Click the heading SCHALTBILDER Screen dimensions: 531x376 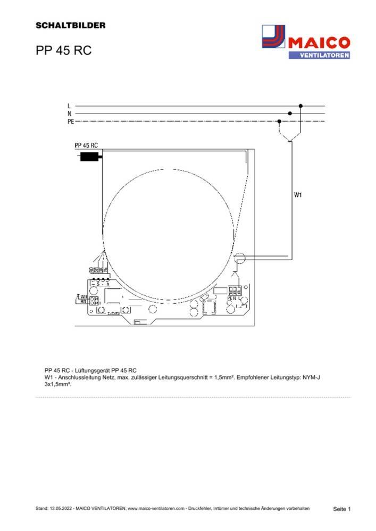click(x=70, y=25)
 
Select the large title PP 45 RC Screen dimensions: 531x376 click(x=63, y=50)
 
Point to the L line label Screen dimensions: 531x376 click(x=69, y=106)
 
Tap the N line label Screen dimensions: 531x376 click(x=69, y=113)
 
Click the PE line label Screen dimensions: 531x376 click(x=70, y=121)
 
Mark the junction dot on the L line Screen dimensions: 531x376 click(x=300, y=106)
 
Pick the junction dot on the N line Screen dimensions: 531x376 click(x=290, y=113)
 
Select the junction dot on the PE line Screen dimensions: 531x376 click(x=280, y=121)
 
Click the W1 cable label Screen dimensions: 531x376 click(x=298, y=195)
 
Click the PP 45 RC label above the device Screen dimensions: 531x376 click(x=86, y=145)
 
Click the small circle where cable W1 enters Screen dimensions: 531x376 click(x=240, y=260)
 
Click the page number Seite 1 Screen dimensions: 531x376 click(x=341, y=509)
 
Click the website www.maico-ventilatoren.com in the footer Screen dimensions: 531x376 click(x=156, y=509)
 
